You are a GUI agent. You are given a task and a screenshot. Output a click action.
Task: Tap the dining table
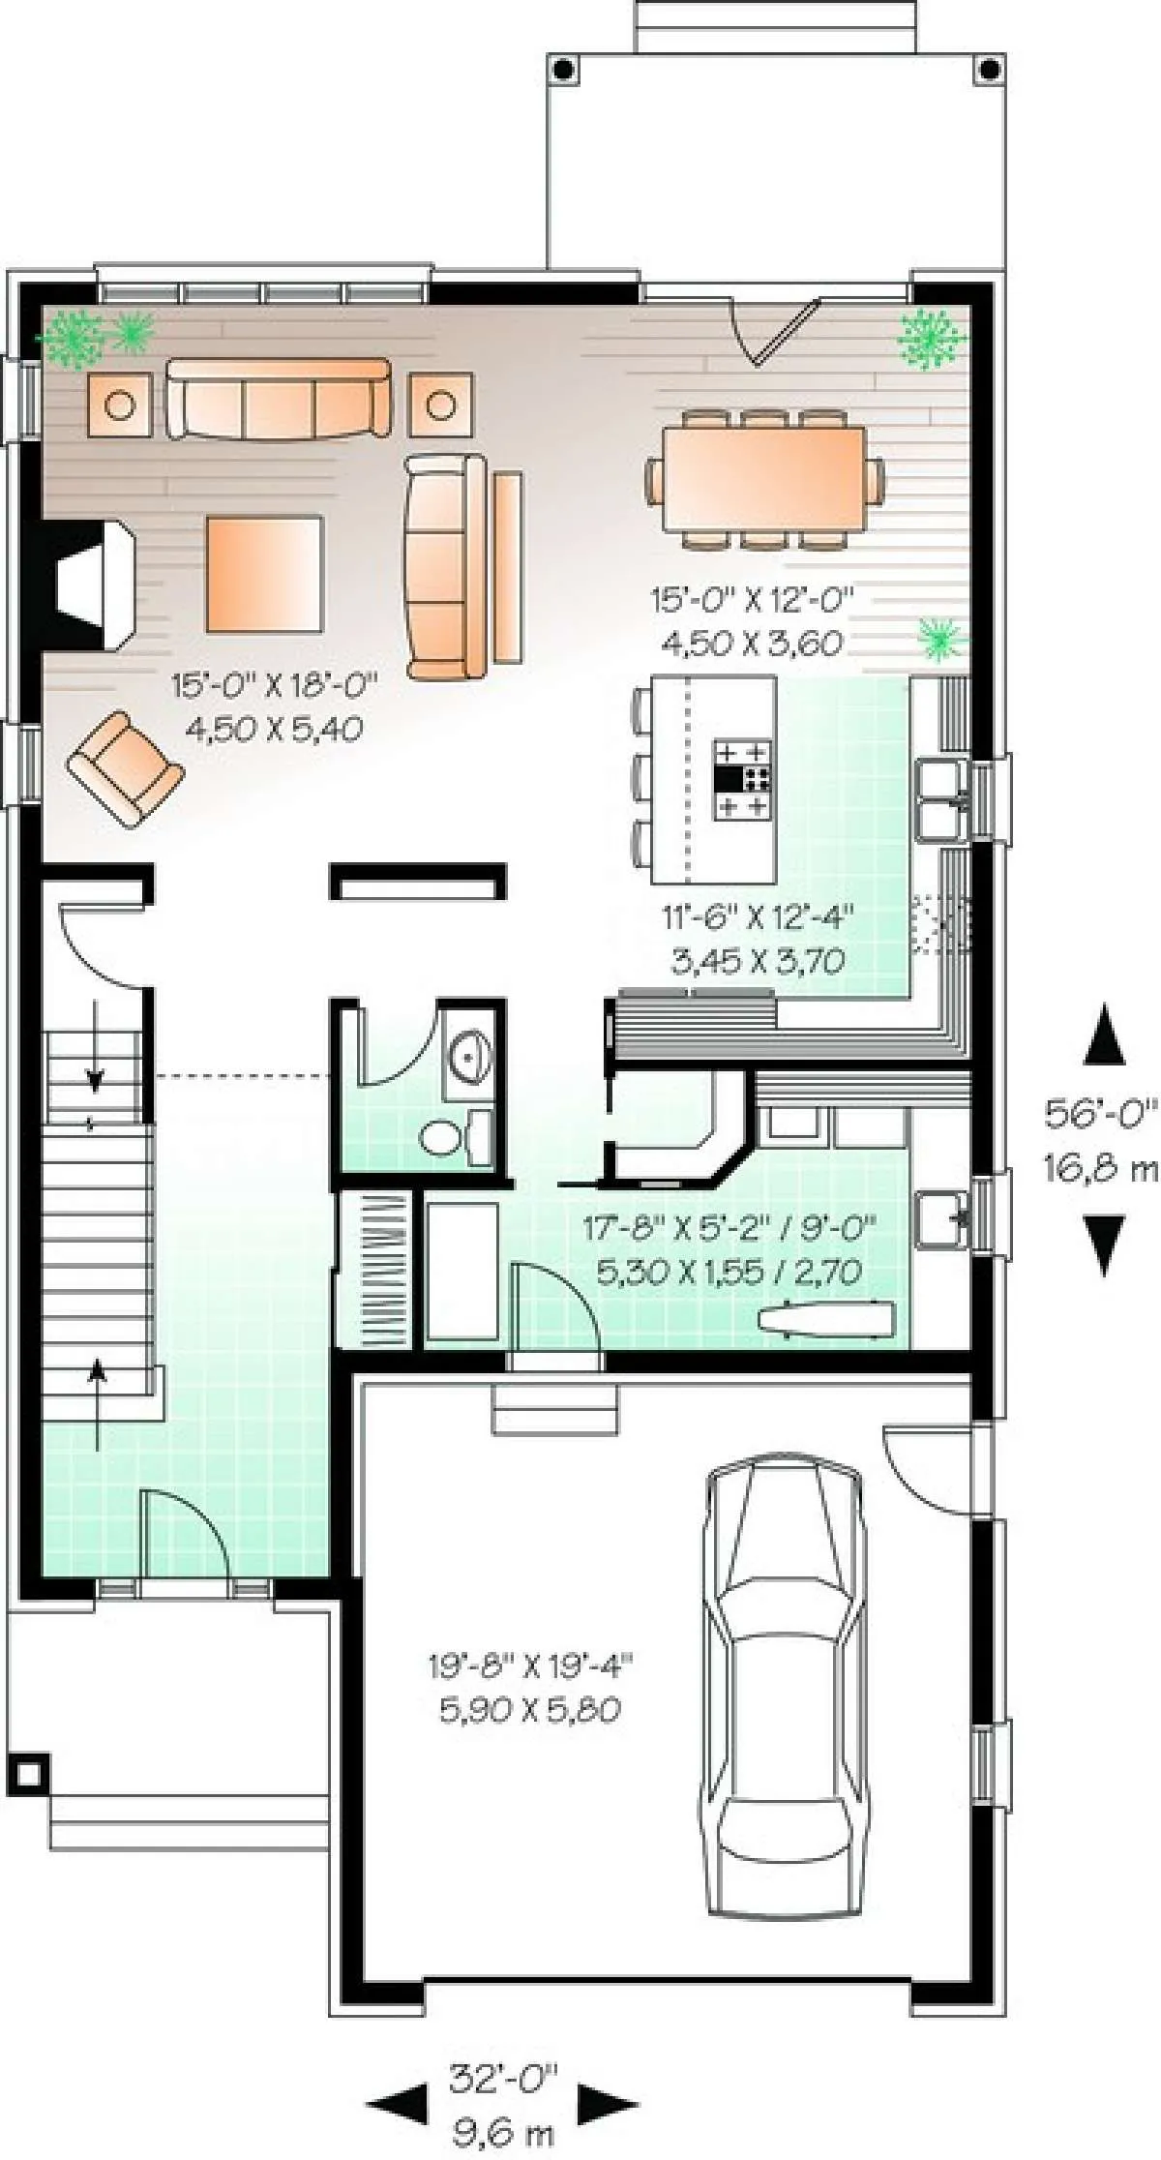(764, 480)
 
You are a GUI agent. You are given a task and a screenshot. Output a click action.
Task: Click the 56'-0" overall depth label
(1100, 1113)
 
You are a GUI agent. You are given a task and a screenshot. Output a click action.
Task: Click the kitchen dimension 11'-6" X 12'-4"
(758, 915)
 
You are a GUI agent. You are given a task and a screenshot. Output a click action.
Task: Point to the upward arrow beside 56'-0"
(1103, 1035)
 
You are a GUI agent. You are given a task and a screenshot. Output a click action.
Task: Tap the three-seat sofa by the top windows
(279, 399)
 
